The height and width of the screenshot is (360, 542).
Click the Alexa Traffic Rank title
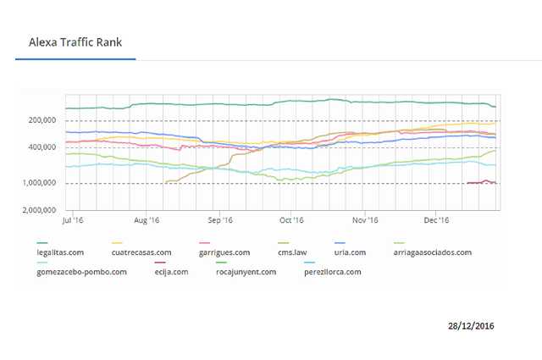(x=75, y=42)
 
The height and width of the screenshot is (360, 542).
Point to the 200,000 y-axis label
(x=42, y=120)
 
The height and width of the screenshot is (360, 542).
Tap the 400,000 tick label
(x=42, y=147)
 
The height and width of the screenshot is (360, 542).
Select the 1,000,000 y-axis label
(x=40, y=183)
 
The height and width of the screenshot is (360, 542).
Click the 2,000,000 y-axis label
(x=40, y=210)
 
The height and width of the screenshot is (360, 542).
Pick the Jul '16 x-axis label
(x=73, y=220)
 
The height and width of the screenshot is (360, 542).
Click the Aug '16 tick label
(x=147, y=220)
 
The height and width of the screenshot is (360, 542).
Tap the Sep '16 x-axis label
(x=220, y=220)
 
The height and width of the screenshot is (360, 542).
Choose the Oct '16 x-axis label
(x=291, y=220)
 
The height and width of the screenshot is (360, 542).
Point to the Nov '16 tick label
(x=365, y=220)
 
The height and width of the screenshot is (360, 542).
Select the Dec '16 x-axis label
(x=436, y=220)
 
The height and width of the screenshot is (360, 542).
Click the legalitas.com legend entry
(x=60, y=252)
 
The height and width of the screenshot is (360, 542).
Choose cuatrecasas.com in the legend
(x=141, y=252)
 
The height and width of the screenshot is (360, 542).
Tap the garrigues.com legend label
(x=224, y=252)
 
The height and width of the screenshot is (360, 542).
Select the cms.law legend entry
(x=292, y=252)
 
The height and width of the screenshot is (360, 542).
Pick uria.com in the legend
(x=350, y=252)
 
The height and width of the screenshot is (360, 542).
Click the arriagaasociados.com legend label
(x=433, y=252)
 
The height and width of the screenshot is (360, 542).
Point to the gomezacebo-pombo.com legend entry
(x=81, y=272)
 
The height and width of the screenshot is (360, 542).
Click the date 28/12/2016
(x=471, y=326)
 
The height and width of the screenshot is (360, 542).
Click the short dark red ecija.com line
(x=482, y=182)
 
